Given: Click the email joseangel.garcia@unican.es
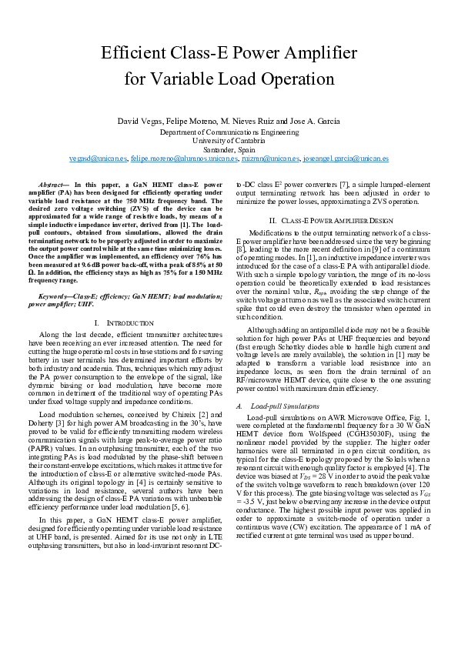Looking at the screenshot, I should [x=346, y=158].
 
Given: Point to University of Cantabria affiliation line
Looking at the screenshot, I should [x=229, y=140].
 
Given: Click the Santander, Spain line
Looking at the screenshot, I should [x=229, y=149].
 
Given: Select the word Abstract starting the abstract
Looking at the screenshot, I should [x=53, y=185].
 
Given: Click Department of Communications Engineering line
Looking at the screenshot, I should [x=229, y=132].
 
